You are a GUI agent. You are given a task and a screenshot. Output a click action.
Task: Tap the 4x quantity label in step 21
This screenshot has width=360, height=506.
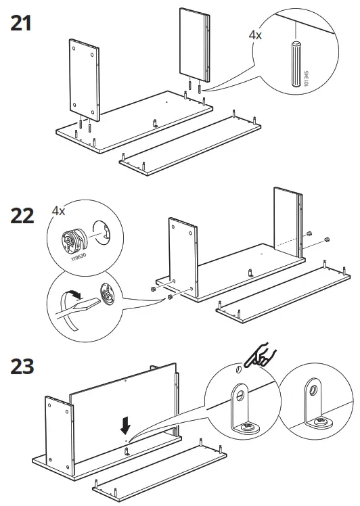255,34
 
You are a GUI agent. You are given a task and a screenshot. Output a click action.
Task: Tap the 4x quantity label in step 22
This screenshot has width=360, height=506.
59,210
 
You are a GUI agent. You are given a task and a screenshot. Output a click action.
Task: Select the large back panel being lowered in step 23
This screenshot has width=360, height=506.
122,413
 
